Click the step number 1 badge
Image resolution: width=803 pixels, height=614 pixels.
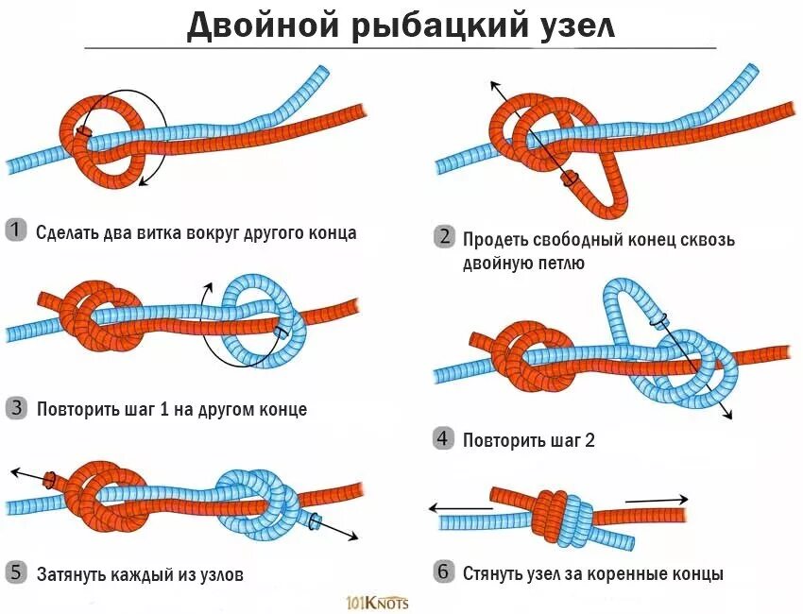16,230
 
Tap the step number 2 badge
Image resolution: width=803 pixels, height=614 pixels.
443,237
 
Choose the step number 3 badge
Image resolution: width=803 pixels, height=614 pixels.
16,408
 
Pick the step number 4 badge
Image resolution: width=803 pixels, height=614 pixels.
443,437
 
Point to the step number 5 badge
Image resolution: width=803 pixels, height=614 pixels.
16,572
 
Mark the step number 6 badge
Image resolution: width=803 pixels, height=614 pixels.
443,571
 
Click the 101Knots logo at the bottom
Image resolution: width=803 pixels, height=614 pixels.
377,602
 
